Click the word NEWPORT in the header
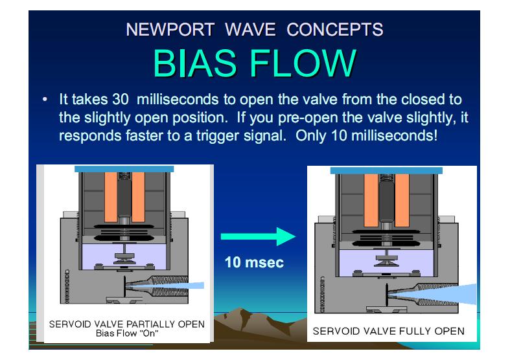(x=165, y=30)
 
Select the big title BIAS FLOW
(x=255, y=63)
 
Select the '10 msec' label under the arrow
(x=254, y=264)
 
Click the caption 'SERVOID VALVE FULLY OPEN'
(x=389, y=331)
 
